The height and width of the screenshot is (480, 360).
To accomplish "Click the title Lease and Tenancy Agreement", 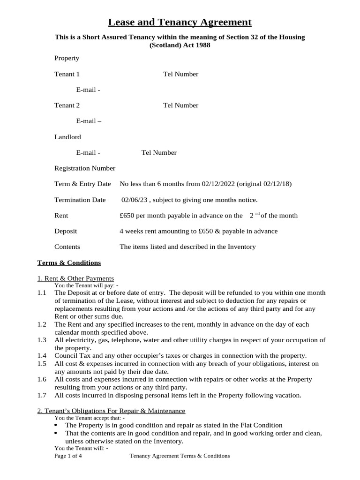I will [x=180, y=22].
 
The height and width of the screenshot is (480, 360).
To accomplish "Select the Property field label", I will [x=67, y=58].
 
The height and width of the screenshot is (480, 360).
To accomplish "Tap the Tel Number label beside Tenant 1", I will [x=180, y=74].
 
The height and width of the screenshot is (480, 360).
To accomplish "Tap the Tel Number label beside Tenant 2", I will [x=180, y=105].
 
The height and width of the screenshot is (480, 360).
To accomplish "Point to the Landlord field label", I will [x=67, y=137].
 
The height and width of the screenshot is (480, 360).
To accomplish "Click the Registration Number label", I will [x=85, y=168].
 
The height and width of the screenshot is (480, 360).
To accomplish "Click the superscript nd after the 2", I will [x=257, y=214].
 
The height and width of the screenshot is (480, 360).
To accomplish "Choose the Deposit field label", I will [x=66, y=231].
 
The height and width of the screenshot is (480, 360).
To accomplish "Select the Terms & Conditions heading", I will [x=69, y=262].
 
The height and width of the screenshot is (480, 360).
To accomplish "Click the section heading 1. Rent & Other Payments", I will [x=75, y=278].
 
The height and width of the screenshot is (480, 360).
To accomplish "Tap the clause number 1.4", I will [x=42, y=356].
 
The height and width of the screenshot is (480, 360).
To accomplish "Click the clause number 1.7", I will [x=42, y=395].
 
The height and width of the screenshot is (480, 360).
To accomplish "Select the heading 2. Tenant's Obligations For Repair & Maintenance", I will [x=111, y=411].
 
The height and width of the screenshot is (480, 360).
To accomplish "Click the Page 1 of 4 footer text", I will [x=68, y=456].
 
